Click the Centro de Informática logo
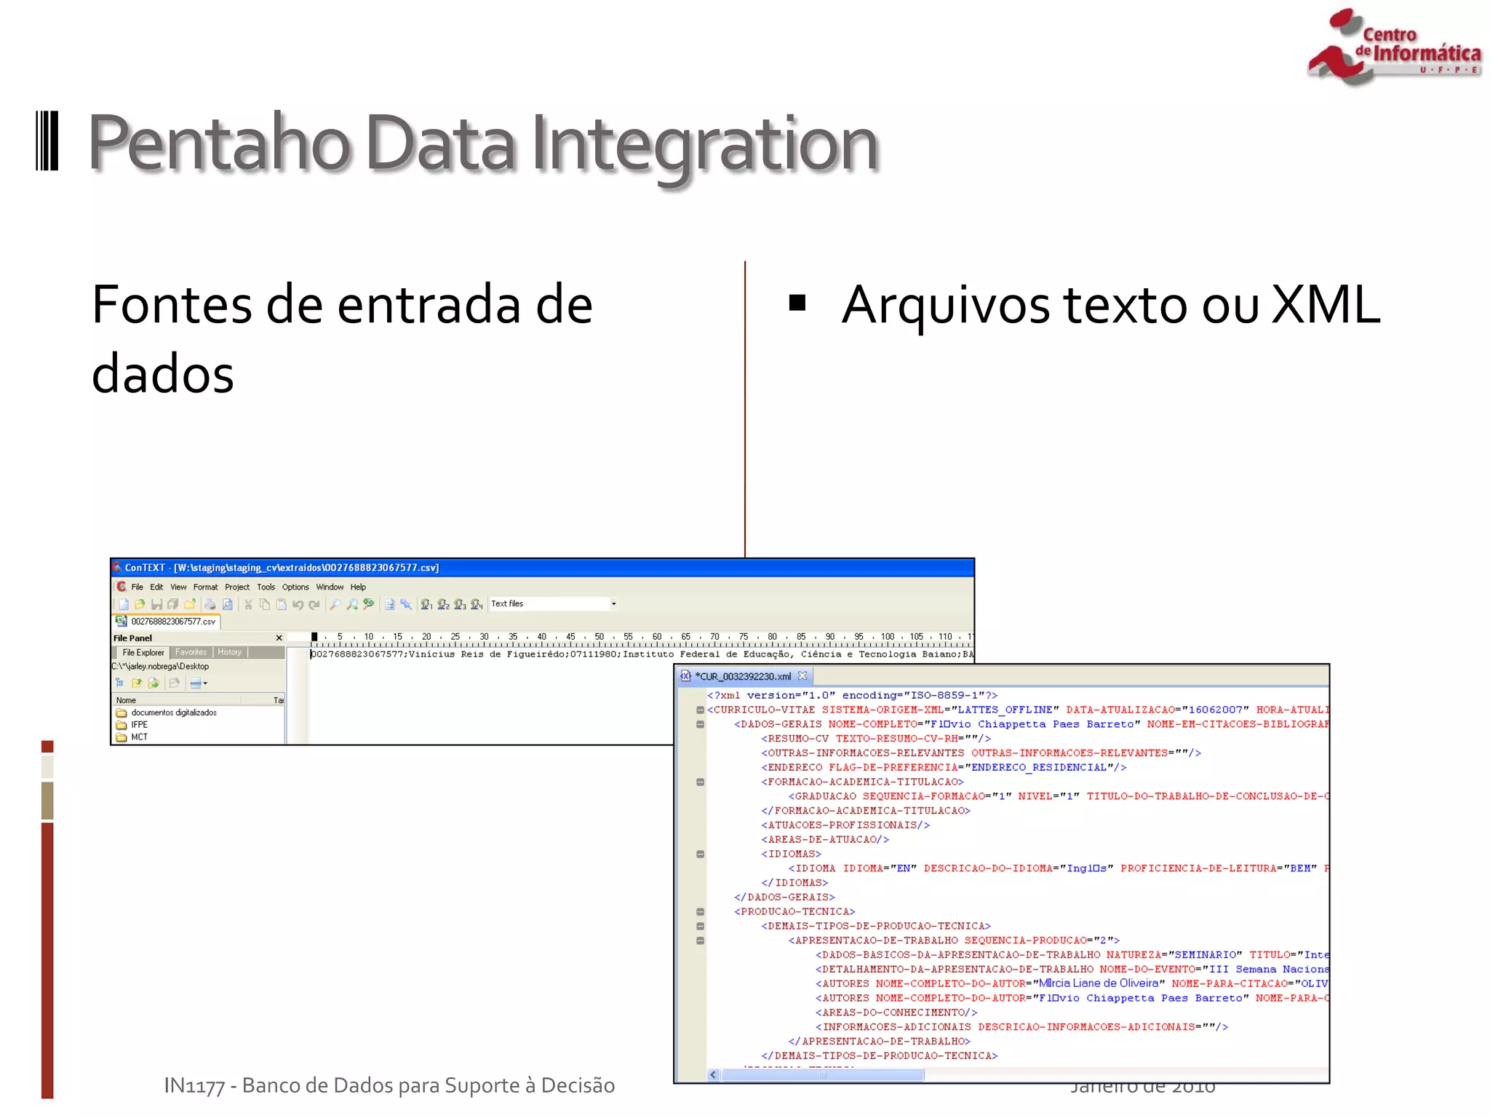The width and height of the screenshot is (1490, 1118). tap(1393, 47)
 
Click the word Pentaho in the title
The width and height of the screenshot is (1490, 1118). tap(218, 143)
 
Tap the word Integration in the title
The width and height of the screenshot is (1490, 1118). tap(704, 143)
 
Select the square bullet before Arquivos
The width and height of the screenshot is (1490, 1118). tap(797, 302)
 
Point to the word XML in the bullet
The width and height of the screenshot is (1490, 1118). tap(1325, 304)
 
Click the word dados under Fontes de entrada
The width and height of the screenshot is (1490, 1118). tap(163, 373)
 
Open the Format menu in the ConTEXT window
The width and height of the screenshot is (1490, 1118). tap(205, 587)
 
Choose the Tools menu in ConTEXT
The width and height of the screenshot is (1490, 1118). tap(266, 587)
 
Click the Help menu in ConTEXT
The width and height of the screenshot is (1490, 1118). tap(358, 587)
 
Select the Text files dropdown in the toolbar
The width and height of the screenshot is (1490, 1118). tap(553, 604)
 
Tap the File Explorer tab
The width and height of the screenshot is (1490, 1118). tap(143, 653)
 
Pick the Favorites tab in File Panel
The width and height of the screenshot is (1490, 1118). tap(191, 653)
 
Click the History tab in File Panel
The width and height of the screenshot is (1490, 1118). tap(229, 653)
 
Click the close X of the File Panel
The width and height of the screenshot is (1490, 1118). tap(279, 638)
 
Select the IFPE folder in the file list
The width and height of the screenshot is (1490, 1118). tap(139, 725)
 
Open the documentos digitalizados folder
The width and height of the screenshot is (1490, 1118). tap(173, 713)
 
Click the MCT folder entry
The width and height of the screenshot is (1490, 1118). tap(139, 737)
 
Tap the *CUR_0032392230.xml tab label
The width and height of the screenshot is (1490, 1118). tap(743, 677)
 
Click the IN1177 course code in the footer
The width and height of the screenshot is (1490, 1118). tap(194, 1086)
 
